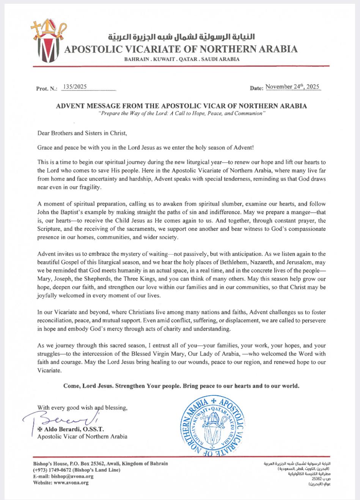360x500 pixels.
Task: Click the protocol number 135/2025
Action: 76,87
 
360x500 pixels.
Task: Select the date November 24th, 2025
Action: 293,87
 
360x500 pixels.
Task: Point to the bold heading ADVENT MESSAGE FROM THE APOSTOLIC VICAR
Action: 181,106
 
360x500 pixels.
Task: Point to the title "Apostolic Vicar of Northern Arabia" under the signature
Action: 82,436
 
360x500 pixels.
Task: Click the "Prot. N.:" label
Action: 46,89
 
